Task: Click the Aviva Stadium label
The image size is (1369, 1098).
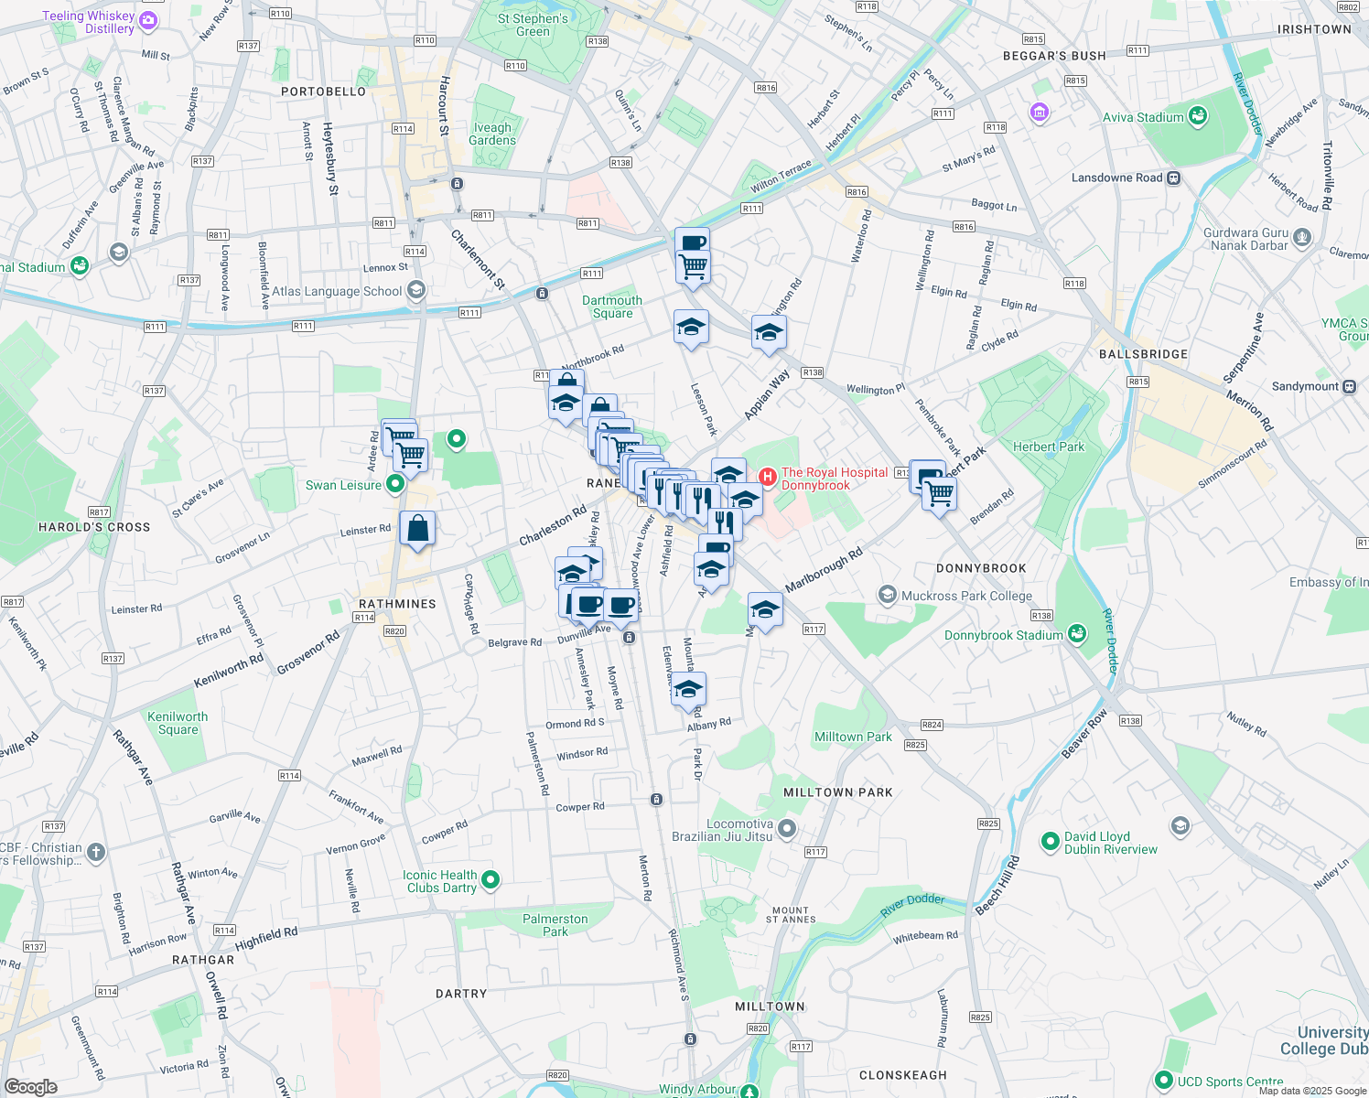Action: click(1143, 117)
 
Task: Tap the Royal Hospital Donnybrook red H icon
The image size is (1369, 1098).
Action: click(768, 477)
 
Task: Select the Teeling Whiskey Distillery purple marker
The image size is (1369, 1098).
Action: click(148, 21)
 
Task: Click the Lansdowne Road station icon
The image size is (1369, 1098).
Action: click(1174, 178)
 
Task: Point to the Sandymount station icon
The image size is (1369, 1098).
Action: click(1350, 386)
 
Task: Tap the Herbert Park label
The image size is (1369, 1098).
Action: click(1048, 447)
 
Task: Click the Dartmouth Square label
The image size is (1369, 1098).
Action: click(612, 307)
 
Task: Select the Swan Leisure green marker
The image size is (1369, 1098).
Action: click(395, 484)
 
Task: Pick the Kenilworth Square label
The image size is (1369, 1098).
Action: click(178, 723)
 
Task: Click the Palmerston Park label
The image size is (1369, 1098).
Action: click(555, 925)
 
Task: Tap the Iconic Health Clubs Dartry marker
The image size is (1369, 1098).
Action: click(490, 880)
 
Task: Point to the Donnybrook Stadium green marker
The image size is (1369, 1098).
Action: click(1077, 634)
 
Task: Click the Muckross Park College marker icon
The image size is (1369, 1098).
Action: click(887, 596)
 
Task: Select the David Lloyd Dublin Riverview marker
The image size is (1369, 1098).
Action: click(1051, 841)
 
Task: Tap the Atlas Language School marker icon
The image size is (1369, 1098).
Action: click(416, 291)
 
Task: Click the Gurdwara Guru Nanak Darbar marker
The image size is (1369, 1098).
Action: click(1303, 239)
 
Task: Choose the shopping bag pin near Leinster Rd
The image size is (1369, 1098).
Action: click(417, 529)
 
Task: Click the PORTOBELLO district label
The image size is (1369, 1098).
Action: click(323, 91)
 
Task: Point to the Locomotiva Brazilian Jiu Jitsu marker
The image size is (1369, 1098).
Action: click(787, 829)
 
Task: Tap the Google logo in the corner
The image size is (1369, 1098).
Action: click(31, 1087)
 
